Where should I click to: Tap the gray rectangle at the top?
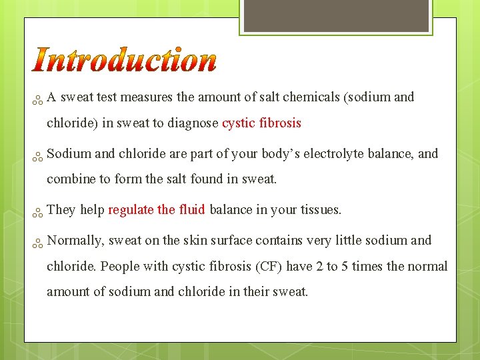pyautogui.click(x=335, y=15)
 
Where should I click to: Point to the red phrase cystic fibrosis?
pyautogui.click(x=261, y=123)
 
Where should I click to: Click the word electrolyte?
pyautogui.click(x=332, y=154)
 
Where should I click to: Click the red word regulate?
pyautogui.click(x=131, y=210)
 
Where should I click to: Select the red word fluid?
pyautogui.click(x=192, y=210)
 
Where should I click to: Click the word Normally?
pyautogui.click(x=75, y=241)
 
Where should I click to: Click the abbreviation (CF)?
pyautogui.click(x=267, y=267)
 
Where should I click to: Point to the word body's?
pyautogui.click(x=277, y=154)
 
